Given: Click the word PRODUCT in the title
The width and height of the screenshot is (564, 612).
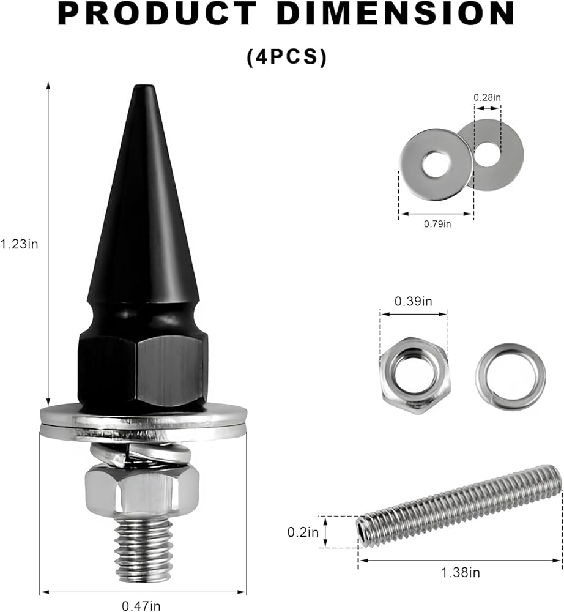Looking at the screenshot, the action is point(158,15).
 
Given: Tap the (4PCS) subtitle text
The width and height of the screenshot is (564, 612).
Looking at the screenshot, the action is point(286,57).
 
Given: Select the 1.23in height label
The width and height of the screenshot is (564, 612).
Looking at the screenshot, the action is point(19,244).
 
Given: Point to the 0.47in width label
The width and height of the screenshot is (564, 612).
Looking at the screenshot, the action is point(141,606).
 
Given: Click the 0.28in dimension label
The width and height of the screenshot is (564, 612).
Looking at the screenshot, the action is point(487,97).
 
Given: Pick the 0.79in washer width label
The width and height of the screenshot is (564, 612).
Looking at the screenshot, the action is point(437,223).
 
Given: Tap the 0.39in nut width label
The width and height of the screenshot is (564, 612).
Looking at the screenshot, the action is point(414,301).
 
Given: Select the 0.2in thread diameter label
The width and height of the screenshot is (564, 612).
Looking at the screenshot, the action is point(303,532).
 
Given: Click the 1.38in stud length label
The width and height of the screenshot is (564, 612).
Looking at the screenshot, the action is point(460,573).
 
